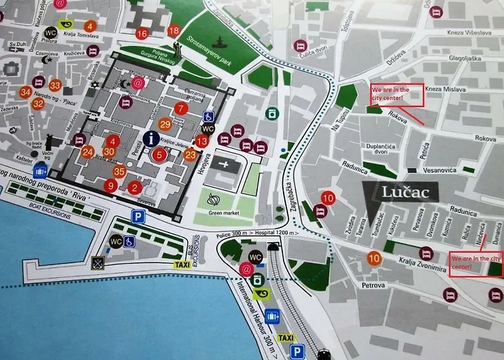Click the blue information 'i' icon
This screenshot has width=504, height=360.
(151, 138)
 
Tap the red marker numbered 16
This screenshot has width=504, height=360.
(141, 33)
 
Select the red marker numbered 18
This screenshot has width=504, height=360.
(174, 31)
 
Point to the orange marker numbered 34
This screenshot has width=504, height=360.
(26, 91)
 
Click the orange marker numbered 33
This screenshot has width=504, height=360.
(55, 85)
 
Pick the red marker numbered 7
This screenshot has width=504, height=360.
(181, 109)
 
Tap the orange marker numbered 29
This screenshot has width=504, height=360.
(166, 124)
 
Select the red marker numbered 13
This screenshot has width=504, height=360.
(202, 141)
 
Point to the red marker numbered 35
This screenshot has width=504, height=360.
(120, 171)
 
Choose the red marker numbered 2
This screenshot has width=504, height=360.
(135, 188)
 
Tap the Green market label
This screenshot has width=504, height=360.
(216, 212)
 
